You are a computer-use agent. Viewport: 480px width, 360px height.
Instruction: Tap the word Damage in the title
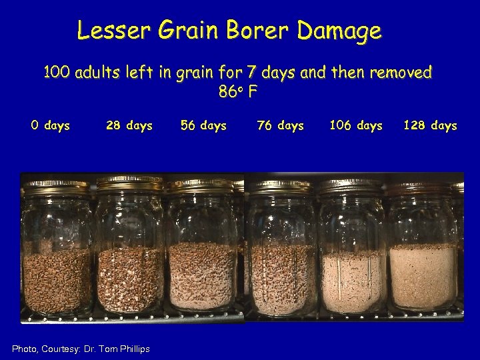coord(340,31)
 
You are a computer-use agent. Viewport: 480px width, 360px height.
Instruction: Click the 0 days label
coord(50,125)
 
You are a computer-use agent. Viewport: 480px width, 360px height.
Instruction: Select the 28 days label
coord(129,125)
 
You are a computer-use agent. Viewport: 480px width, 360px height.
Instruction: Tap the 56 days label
coord(203,125)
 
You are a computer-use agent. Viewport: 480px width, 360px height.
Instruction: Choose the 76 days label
coord(281,125)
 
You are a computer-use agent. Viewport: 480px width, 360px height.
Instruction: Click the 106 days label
coord(356,125)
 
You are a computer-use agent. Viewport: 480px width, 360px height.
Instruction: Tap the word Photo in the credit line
coord(26,349)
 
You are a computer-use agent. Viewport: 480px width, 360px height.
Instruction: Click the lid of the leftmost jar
coord(57,185)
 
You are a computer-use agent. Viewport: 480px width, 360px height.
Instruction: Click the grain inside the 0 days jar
coord(57,280)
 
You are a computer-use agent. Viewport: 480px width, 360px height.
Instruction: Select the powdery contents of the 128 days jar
coord(423,277)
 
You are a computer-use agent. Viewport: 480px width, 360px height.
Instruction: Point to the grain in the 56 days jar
coord(202,277)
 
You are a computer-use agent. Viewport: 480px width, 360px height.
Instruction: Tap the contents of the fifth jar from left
coord(351,280)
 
